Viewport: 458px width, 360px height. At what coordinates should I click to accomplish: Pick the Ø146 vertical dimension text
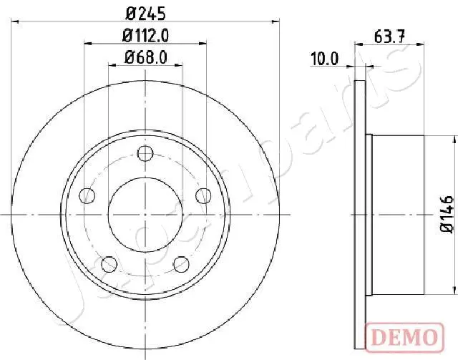pos(445,213)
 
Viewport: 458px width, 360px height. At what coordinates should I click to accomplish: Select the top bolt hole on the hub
pos(145,153)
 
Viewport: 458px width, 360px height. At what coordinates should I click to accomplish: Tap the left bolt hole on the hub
pos(88,195)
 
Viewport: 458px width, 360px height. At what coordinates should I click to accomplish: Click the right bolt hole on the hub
pos(203,195)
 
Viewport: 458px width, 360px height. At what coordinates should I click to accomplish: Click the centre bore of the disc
pos(145,213)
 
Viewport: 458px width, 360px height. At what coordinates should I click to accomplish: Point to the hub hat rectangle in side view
pos(398,213)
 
